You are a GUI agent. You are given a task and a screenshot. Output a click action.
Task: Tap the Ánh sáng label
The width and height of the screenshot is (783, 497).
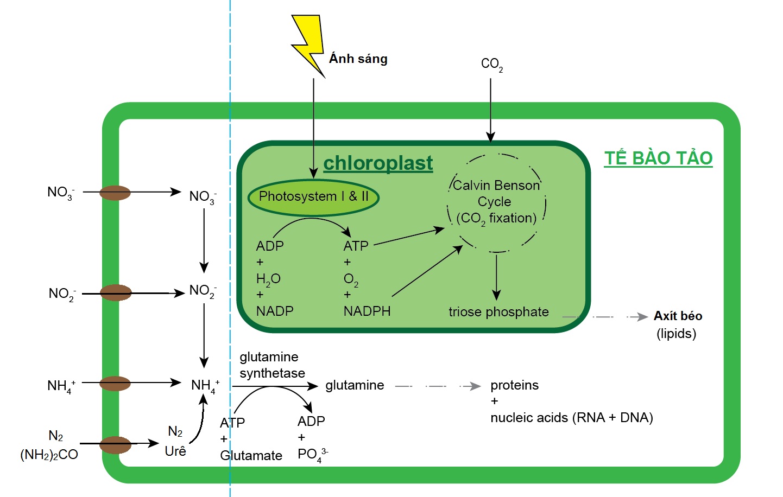[358, 59]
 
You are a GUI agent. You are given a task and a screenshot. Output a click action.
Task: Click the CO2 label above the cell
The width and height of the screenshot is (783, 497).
[491, 64]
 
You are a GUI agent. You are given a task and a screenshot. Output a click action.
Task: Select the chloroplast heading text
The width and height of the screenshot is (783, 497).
[378, 163]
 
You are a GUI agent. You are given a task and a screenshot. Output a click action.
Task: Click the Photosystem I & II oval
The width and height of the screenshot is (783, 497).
[313, 196]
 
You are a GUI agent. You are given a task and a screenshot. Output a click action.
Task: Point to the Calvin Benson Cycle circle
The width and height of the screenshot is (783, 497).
[496, 203]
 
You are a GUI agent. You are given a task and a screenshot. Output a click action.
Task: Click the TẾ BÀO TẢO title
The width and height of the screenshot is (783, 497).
[658, 158]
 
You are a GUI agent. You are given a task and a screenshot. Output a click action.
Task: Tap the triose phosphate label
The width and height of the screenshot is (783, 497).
[498, 312]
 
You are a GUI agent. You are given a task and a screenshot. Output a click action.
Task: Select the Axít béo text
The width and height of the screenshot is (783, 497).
[678, 316]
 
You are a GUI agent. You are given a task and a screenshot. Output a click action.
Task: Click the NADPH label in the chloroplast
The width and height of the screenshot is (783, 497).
[367, 311]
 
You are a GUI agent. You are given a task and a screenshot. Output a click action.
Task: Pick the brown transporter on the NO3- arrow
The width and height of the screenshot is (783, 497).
[115, 193]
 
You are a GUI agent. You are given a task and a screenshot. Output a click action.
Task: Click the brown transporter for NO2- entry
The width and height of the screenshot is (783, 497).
[115, 293]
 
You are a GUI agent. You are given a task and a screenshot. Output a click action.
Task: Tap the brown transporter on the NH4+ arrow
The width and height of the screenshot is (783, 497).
[115, 384]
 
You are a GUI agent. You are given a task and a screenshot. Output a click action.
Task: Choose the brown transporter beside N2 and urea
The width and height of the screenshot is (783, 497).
[115, 445]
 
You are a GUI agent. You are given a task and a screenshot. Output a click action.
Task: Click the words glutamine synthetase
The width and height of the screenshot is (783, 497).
[272, 365]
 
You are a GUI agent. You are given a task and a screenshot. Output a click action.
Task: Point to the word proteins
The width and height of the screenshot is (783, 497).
[514, 385]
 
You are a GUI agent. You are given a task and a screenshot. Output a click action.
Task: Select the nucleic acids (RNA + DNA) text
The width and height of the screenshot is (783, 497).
[571, 418]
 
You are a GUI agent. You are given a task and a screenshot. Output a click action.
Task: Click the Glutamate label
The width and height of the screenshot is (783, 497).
[251, 456]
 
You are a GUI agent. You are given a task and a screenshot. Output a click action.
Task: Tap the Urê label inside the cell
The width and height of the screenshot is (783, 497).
[175, 451]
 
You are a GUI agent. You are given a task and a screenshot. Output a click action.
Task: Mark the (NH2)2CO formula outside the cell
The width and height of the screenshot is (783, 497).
[49, 455]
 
